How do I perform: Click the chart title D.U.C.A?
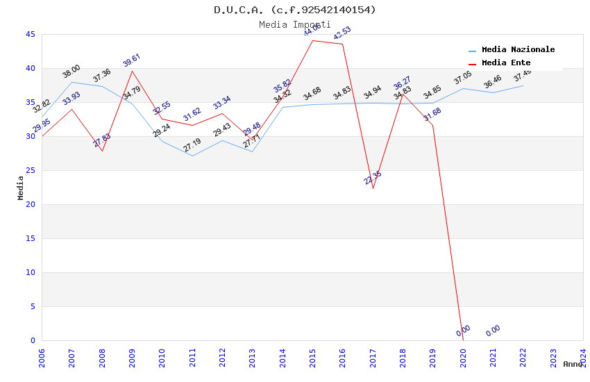(x=295, y=10)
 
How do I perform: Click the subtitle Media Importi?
(x=295, y=24)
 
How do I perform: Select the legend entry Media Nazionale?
(x=518, y=50)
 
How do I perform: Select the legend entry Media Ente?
(x=506, y=63)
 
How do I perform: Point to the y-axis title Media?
(x=21, y=188)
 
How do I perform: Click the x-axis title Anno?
(x=573, y=364)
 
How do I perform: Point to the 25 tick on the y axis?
(x=31, y=170)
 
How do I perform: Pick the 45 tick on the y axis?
(x=31, y=34)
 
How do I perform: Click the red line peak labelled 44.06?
(x=312, y=40)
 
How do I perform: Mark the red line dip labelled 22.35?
(x=373, y=188)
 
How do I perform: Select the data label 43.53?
(x=342, y=33)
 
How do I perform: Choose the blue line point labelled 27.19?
(x=192, y=156)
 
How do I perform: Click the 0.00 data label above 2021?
(x=493, y=331)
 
